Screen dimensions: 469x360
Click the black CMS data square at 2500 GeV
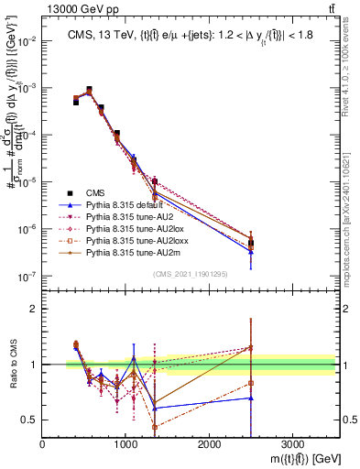(251, 244)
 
